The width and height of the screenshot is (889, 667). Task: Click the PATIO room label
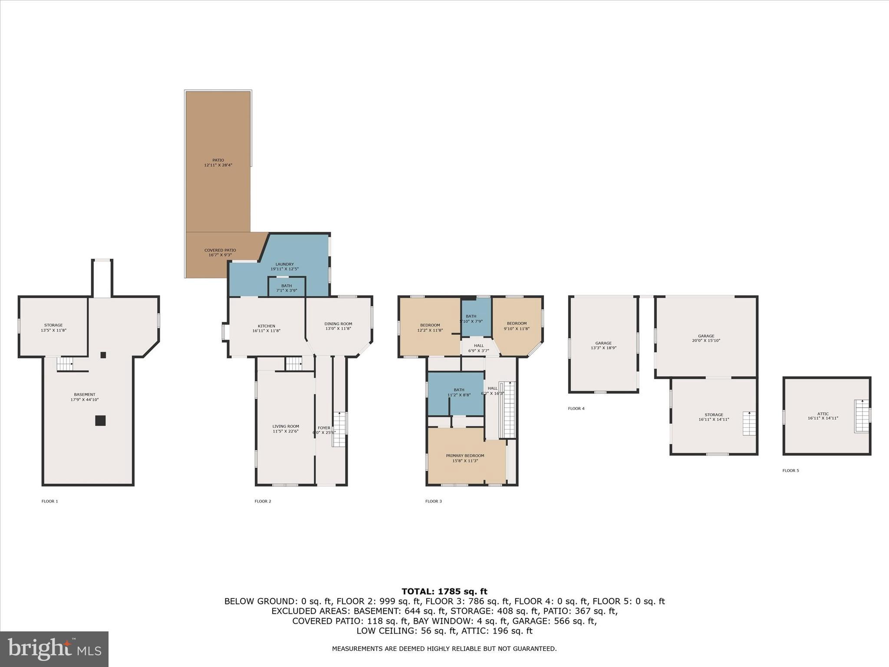tap(218, 160)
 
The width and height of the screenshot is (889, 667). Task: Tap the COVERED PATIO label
tap(220, 251)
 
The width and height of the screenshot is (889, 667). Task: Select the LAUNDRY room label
tap(284, 264)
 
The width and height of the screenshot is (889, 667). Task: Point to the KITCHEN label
tap(266, 326)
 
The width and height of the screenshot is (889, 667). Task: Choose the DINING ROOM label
tap(338, 324)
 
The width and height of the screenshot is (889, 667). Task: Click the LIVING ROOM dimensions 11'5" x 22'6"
tap(286, 431)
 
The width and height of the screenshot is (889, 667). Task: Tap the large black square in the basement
tap(100, 420)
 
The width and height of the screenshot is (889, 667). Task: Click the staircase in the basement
tap(65, 363)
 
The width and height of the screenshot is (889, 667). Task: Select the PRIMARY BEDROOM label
tap(465, 456)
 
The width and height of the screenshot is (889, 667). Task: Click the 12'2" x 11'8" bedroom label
tap(430, 328)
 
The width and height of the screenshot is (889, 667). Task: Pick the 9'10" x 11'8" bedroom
tap(517, 326)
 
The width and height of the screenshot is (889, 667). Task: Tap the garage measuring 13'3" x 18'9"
tap(603, 346)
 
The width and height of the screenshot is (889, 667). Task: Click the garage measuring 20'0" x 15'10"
tap(706, 338)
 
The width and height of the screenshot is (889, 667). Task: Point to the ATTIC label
tap(823, 414)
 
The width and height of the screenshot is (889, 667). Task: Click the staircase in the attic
tap(862, 416)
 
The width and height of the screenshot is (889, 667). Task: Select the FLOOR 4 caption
tap(576, 409)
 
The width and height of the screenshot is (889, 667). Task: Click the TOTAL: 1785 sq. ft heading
tap(444, 591)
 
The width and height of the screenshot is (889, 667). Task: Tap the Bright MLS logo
tap(54, 649)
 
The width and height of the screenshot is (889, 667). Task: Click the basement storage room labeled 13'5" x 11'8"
tap(53, 327)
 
